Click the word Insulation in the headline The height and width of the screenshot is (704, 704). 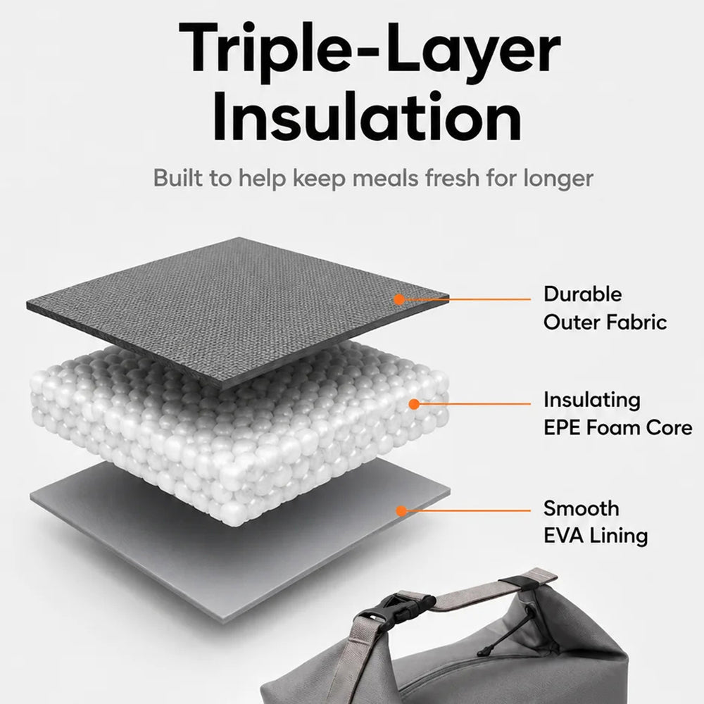[367, 116]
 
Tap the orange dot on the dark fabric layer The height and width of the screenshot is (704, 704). [398, 299]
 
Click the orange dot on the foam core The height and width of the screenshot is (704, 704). [414, 404]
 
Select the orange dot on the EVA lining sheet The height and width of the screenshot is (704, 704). [401, 511]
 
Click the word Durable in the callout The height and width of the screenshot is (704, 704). [583, 294]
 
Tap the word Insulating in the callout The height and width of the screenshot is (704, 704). [592, 401]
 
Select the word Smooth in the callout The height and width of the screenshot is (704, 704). [582, 509]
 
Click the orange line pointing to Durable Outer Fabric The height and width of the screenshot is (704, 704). [467, 299]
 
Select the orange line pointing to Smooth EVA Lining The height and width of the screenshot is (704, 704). [469, 511]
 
